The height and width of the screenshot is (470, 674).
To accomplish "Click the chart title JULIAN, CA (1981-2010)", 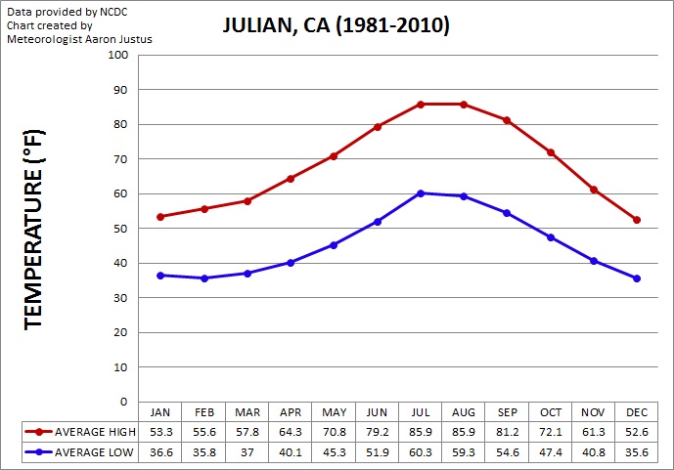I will pos(336,26).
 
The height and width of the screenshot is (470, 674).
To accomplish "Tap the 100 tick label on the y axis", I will pos(118,55).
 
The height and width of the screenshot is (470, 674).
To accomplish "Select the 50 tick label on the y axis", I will pos(121,228).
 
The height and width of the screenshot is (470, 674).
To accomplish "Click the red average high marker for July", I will pos(421,104).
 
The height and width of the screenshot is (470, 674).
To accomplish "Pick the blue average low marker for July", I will pos(421,192).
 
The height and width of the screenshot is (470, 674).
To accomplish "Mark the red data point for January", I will pos(160,217).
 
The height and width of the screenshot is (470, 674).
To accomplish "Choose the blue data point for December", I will pos(637,278).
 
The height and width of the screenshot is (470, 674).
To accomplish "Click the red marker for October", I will pos(551,151).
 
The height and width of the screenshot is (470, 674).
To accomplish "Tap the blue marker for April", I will pos(291,263).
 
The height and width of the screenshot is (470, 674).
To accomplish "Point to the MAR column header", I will pos(247,412).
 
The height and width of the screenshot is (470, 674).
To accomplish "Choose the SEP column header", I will pos(507,412).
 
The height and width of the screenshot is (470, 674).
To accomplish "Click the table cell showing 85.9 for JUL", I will pos(421,431).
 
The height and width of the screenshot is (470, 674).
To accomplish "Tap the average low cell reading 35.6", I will pos(637,452).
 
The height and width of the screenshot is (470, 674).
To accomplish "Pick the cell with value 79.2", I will pos(377,431).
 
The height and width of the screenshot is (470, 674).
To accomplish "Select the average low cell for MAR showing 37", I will pos(247,452).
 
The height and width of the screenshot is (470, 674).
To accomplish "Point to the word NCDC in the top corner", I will pos(112,10).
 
